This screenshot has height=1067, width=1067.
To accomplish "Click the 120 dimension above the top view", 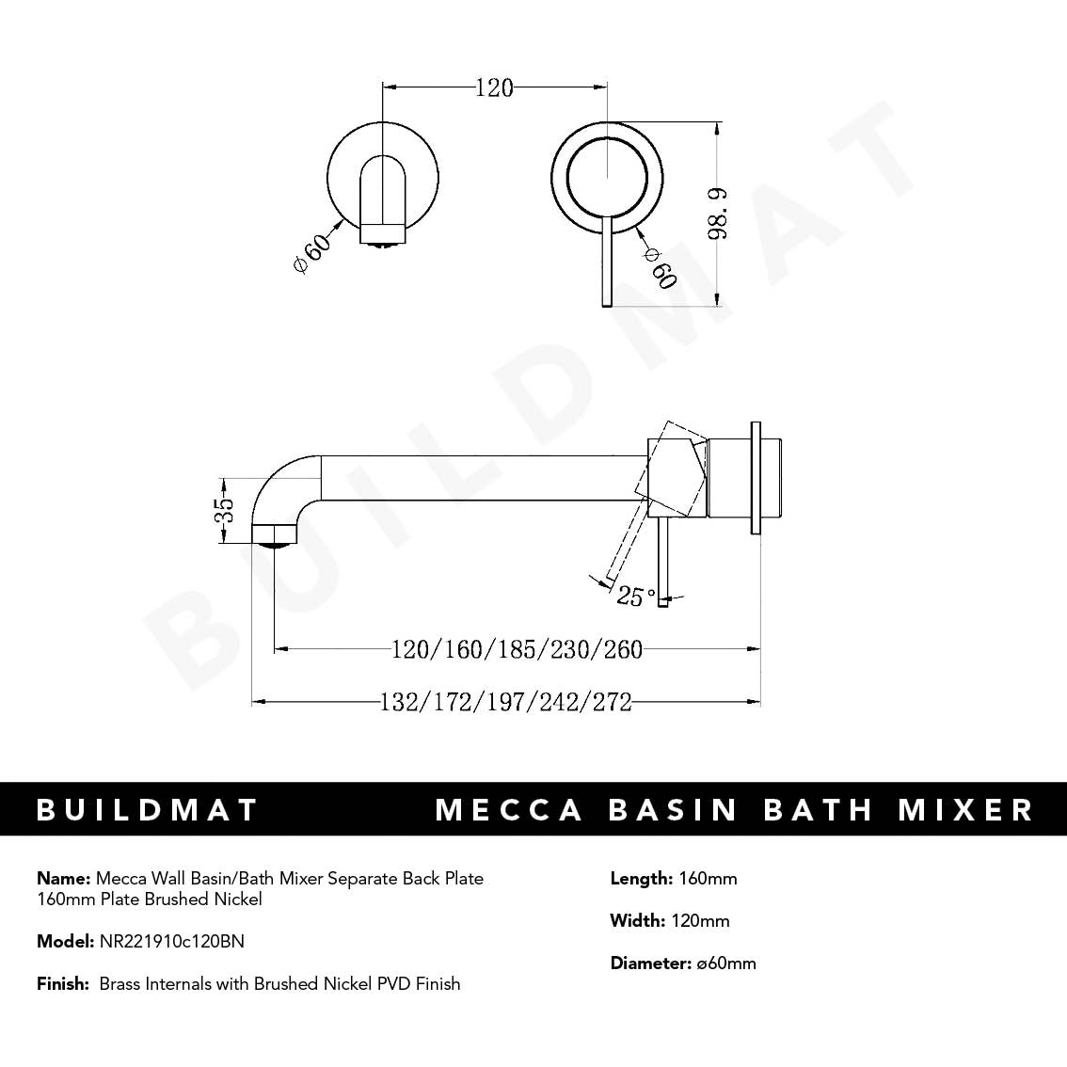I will pos(494,88).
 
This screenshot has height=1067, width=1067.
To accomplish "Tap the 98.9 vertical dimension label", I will pos(718,214).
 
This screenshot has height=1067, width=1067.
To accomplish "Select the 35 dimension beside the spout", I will pos(224,511).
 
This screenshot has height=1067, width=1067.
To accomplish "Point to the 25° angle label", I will pos(636,596).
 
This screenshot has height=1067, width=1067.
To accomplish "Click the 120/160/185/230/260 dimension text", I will pos(517,649).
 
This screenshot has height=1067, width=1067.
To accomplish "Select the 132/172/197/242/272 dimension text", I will pos(505,702).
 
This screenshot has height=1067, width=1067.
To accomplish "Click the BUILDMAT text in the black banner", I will pos(147,810).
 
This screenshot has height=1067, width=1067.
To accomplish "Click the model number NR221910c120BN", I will pos(171,941).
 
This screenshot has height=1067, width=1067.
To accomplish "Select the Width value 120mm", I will pos(700,921).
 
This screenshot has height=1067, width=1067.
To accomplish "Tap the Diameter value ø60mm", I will pos(725,963).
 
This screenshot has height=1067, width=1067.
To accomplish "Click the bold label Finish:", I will pos(63,984).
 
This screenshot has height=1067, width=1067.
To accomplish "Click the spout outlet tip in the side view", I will pos(275,536).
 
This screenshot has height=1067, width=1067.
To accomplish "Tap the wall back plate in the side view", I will pos(755,479).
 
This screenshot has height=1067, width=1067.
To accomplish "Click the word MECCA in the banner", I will pos(509,810).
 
